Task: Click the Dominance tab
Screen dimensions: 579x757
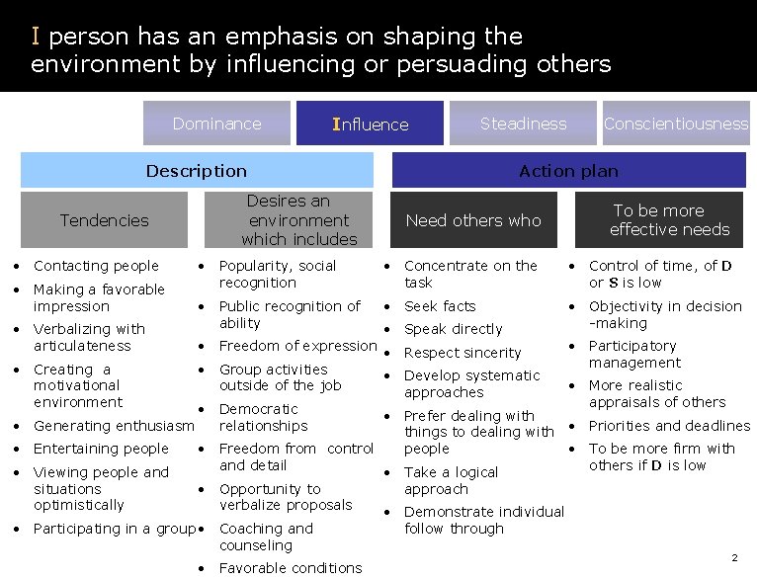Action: coord(216,124)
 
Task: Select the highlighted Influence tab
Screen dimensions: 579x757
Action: coord(371,124)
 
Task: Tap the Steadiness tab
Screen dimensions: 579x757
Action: coord(523,124)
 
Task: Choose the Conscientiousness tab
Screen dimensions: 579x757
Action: coord(676,124)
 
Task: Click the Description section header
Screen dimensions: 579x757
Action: coord(196,171)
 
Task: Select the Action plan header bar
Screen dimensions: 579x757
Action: coord(568,171)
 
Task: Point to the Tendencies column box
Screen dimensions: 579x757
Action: coord(104,220)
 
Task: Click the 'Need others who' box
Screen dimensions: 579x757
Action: coord(473,220)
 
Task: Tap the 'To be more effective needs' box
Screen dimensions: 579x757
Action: coord(669,219)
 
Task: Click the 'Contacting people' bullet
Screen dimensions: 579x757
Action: coord(96,266)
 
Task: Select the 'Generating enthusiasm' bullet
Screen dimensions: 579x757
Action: coord(114,426)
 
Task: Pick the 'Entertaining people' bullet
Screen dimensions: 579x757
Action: coord(101,449)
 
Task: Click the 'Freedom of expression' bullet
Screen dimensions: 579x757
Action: coord(297,346)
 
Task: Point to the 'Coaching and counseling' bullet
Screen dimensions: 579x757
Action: coord(266,537)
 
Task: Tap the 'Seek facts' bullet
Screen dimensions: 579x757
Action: coord(440,306)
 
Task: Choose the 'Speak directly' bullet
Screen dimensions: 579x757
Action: coord(453,329)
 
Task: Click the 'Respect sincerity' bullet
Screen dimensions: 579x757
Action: coord(463,353)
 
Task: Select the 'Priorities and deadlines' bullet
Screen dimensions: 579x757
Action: coord(669,426)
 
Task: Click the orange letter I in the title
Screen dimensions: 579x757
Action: coord(36,37)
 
